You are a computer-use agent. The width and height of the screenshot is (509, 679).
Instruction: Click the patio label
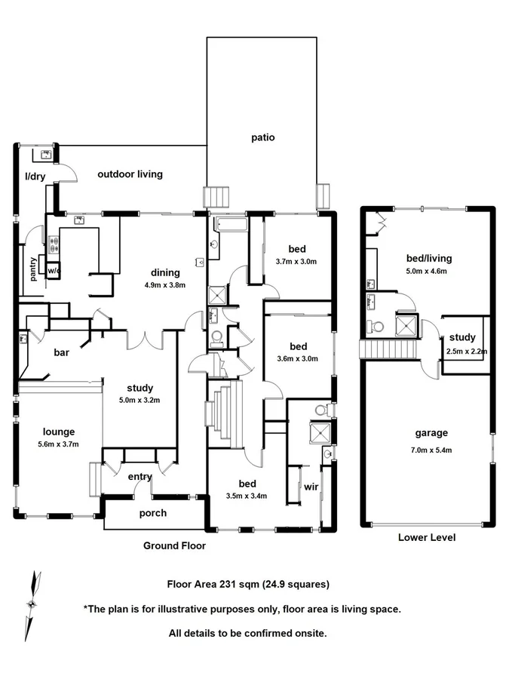point(263,137)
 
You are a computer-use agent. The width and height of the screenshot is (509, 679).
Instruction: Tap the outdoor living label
point(130,174)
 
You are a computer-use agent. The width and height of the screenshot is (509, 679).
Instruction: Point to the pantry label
point(33,268)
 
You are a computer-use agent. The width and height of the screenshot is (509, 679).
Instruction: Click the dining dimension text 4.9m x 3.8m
point(164,285)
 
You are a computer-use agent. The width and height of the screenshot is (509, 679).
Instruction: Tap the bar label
point(62,352)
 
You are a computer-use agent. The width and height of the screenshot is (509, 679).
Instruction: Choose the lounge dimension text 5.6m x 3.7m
point(58,444)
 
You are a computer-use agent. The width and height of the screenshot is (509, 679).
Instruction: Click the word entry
point(140,476)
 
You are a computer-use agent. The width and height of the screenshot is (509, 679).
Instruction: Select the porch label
point(153,514)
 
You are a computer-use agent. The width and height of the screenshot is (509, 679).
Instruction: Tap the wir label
point(311,487)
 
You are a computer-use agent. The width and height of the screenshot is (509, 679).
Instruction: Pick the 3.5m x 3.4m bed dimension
point(247,496)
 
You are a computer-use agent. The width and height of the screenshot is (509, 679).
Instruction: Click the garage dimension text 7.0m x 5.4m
point(431,447)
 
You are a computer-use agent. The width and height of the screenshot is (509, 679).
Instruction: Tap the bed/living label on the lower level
point(428,258)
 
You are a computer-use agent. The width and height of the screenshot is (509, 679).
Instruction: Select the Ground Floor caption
point(174,545)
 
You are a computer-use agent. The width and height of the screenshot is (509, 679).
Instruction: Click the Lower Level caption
point(427,538)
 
